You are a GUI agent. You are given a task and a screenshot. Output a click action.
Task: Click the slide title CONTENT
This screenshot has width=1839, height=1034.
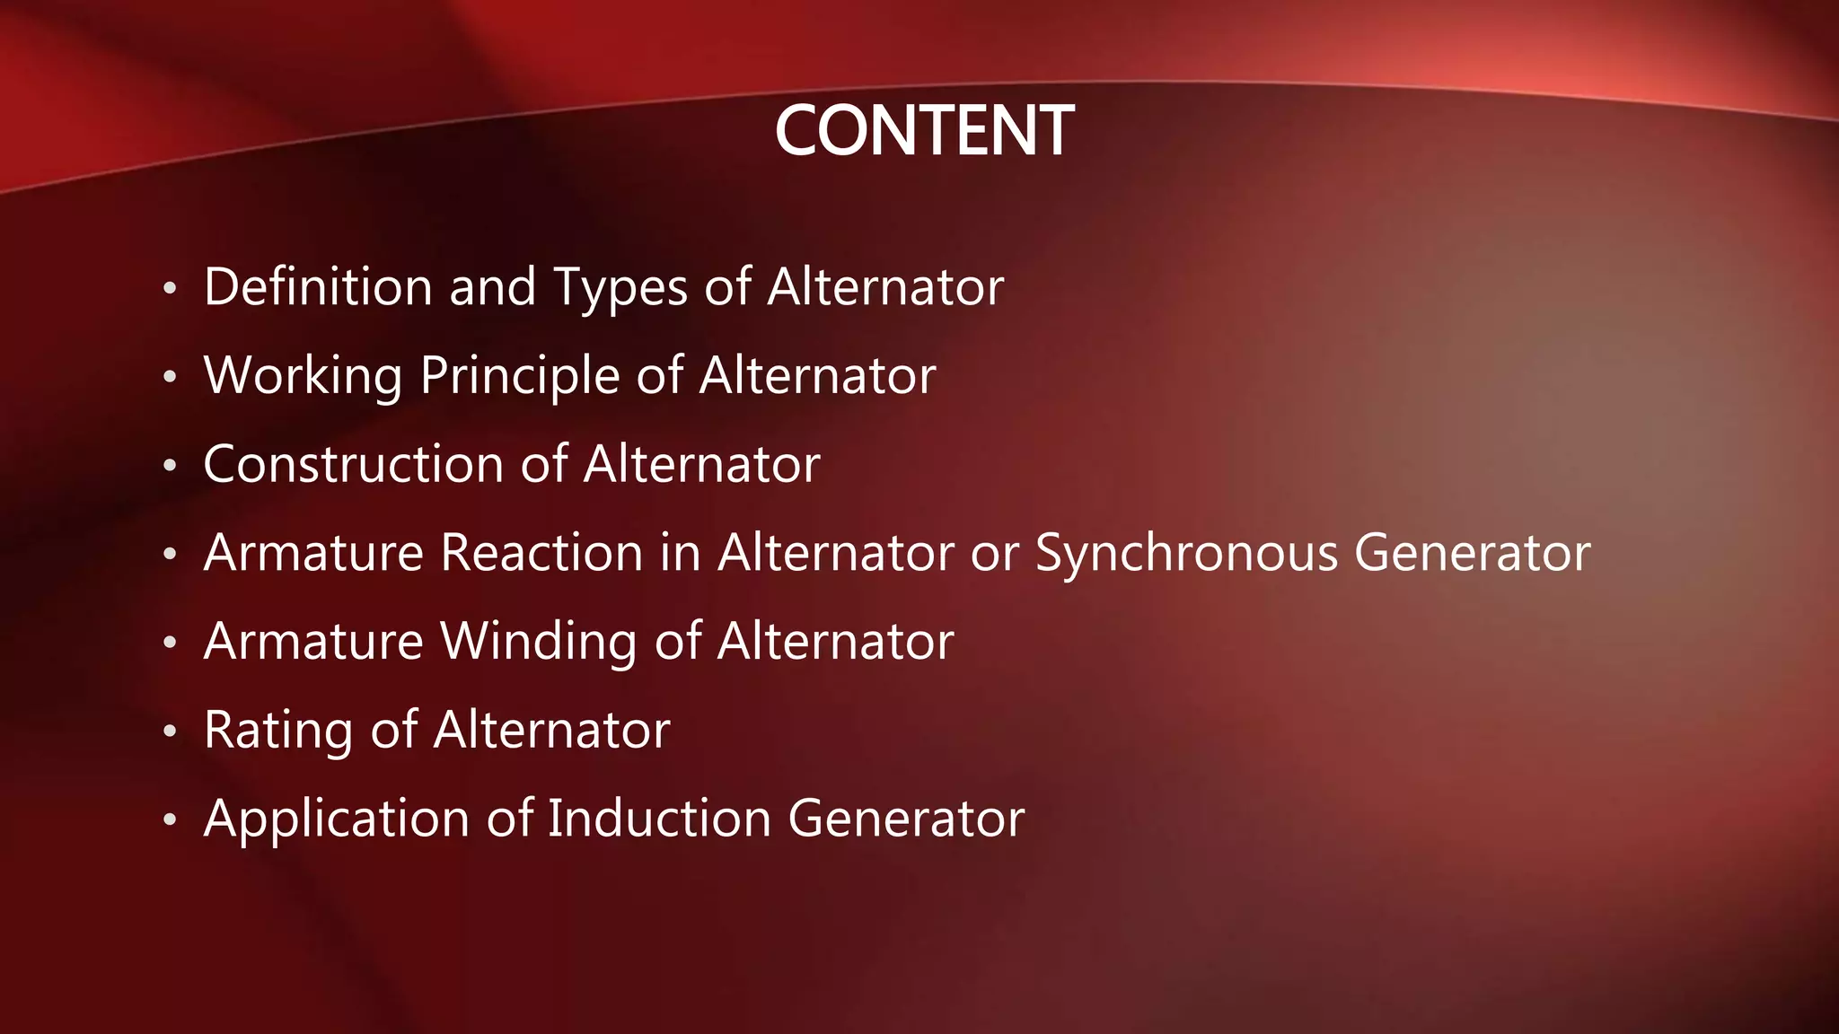(x=923, y=131)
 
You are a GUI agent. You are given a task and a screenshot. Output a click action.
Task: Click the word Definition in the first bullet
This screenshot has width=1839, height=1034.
(x=319, y=287)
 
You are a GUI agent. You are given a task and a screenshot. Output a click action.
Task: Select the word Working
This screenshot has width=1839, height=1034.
(x=303, y=375)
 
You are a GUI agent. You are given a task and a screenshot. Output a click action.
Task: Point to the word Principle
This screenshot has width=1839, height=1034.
(x=519, y=375)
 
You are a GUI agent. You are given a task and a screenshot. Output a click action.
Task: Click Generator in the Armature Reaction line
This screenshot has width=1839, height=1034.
(x=1473, y=552)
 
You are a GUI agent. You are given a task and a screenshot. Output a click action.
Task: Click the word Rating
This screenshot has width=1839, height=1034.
(x=278, y=731)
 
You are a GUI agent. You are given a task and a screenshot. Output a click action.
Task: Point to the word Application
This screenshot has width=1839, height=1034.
(x=337, y=819)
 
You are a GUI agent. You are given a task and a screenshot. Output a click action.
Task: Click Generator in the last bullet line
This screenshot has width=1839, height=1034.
(x=906, y=819)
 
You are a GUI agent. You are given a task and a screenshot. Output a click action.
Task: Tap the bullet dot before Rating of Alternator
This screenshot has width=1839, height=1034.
(x=170, y=732)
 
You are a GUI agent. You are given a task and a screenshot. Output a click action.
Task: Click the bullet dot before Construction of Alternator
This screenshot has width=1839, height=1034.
(x=170, y=467)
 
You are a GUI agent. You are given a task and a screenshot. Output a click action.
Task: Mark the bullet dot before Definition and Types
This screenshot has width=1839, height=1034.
(x=170, y=290)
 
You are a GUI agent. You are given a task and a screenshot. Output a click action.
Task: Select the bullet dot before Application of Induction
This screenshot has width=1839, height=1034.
(x=170, y=820)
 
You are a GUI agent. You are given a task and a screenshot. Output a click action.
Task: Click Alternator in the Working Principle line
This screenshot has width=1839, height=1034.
(x=817, y=375)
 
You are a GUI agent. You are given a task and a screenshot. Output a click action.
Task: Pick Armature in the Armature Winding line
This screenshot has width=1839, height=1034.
(x=313, y=641)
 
